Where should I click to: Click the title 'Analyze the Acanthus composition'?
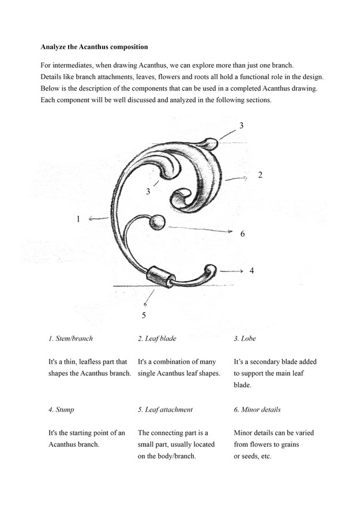pos(94,46)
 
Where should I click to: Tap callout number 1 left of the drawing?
pos(78,219)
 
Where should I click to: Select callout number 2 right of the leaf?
pos(260,175)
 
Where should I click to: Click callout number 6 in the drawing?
pos(243,234)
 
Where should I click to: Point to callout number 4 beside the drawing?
pos(252,270)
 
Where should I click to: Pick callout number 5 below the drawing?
pos(144,315)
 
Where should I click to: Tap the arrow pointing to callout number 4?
pos(231,270)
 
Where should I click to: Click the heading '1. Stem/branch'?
pos(70,338)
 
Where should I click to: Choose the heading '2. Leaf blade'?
pos(157,338)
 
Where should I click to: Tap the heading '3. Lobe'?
pos(245,338)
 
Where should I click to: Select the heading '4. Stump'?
pos(61,409)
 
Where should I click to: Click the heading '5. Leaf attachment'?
pos(165,409)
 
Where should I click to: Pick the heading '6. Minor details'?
pos(257,409)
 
